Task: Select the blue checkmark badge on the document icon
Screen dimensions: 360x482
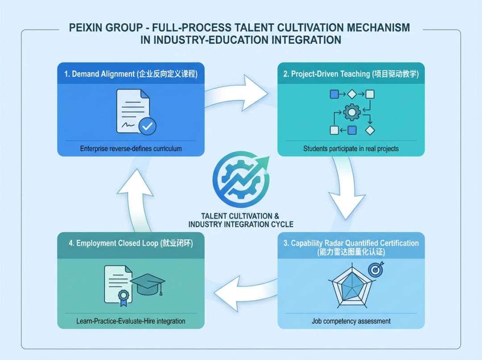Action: pos(147,126)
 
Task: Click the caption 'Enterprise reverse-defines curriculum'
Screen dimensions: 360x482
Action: pos(131,148)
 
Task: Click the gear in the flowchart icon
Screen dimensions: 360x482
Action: pos(351,112)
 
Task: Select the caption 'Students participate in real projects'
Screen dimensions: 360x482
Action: pos(351,148)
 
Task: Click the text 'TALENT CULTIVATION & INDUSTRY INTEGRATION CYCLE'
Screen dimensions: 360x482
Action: pos(241,220)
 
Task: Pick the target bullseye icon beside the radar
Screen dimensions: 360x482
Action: pos(375,269)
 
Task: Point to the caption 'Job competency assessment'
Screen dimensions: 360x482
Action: pos(351,321)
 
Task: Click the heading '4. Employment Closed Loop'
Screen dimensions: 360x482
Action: pos(131,243)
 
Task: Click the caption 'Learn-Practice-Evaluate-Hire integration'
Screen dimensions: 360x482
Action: pos(131,321)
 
